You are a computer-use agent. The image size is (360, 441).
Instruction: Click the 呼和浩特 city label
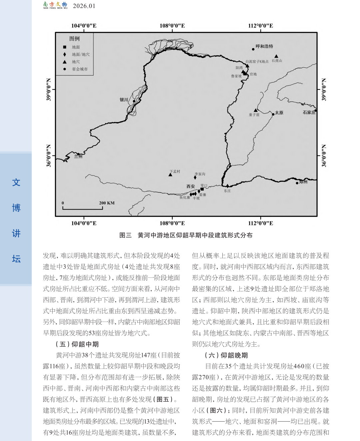(x=264, y=46)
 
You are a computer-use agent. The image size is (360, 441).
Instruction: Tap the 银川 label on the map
(x=124, y=100)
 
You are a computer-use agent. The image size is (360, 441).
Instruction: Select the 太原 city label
(x=279, y=113)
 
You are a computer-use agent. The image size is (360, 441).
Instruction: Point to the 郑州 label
(x=303, y=182)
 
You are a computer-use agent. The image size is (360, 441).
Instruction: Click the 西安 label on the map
(x=191, y=187)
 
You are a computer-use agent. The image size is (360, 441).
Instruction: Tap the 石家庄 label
(x=309, y=112)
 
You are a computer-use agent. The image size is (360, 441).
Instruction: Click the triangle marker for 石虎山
(x=276, y=56)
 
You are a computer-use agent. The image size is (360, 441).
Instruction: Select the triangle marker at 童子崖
(x=256, y=110)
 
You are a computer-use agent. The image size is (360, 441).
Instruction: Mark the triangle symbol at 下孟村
(x=170, y=175)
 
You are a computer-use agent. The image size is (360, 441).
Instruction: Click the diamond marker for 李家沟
(x=195, y=177)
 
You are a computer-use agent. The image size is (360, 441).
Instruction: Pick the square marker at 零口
(x=202, y=189)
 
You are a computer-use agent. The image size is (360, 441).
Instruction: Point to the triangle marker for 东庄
(x=227, y=186)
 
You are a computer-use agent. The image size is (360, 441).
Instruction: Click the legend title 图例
(x=74, y=39)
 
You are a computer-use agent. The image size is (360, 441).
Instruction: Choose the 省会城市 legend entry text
(x=80, y=69)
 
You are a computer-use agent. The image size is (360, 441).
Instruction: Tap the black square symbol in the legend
(x=65, y=47)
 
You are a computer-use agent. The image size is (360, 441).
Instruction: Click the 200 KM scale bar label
(x=107, y=203)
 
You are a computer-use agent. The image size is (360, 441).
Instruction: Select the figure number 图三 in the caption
(x=125, y=235)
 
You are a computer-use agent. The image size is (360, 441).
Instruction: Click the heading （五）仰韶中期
(x=77, y=344)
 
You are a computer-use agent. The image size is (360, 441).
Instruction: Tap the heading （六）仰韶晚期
(x=226, y=355)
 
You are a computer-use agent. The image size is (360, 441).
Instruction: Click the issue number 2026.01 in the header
(x=84, y=6)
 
